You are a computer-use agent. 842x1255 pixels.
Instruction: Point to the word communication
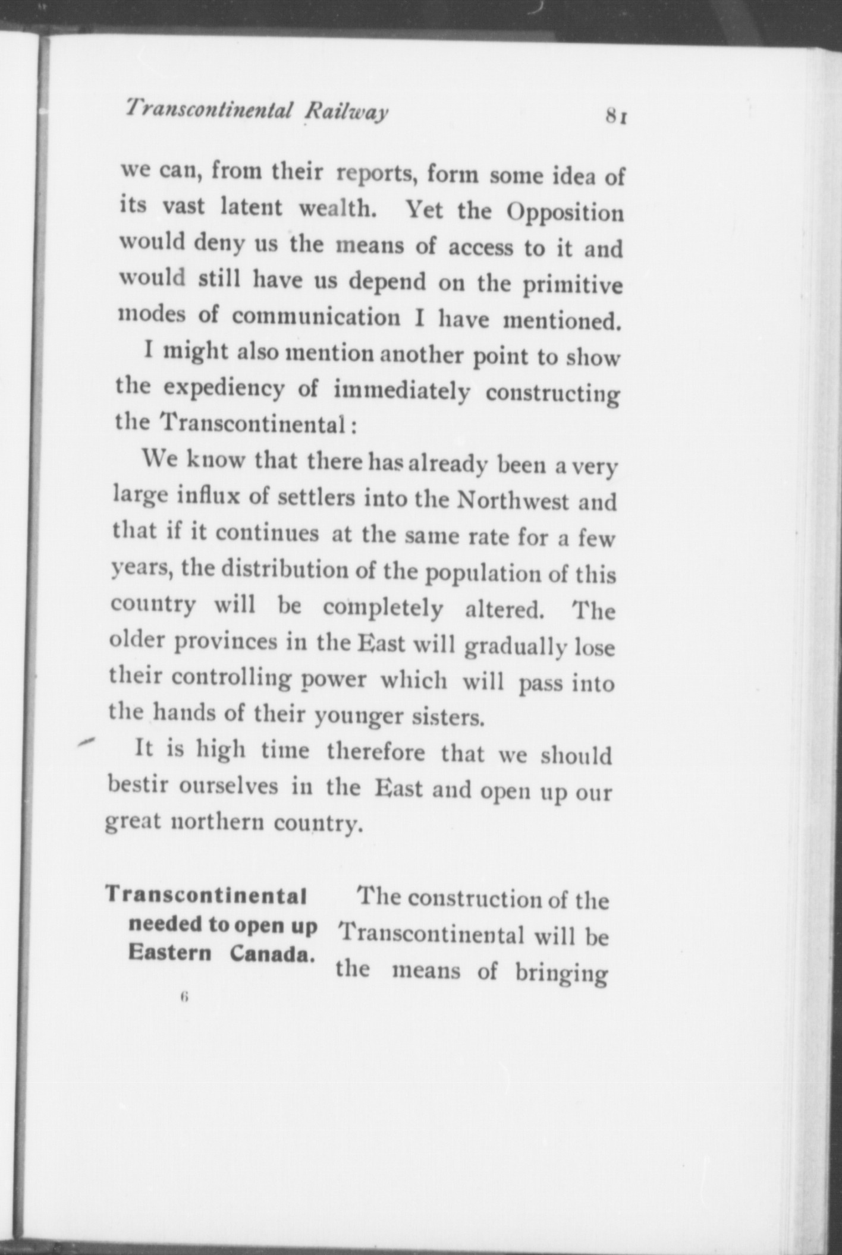[x=316, y=317]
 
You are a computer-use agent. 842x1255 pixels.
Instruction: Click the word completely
[x=383, y=607]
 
